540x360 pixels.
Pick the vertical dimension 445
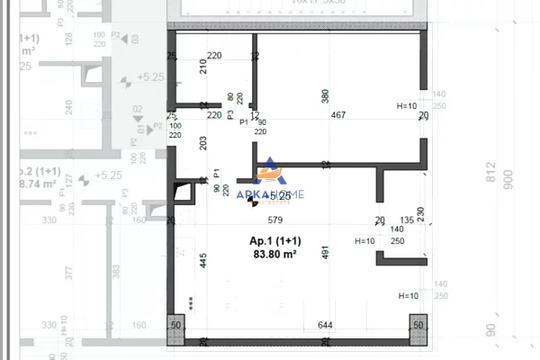(x=203, y=261)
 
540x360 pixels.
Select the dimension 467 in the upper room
(x=338, y=114)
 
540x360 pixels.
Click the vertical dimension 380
(x=326, y=94)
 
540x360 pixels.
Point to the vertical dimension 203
(x=202, y=142)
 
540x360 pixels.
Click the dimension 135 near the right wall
(x=407, y=220)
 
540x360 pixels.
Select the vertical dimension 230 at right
(x=421, y=216)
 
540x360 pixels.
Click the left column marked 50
(x=176, y=325)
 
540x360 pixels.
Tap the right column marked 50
(x=418, y=325)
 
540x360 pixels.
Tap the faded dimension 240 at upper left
(x=68, y=106)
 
